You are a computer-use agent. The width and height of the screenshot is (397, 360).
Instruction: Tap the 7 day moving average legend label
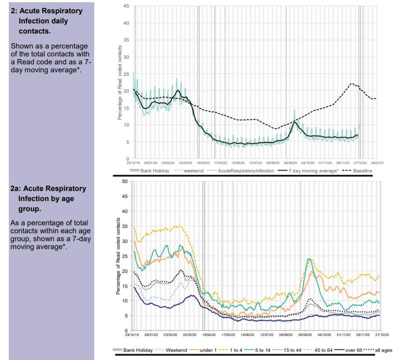317,171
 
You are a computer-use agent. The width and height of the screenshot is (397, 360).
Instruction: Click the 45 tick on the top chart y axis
126,6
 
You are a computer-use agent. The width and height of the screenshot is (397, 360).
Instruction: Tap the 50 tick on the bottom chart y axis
125,181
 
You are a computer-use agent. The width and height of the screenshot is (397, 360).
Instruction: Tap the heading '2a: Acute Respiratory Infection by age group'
48,198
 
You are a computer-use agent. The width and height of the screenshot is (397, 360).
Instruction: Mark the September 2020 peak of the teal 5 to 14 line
310,259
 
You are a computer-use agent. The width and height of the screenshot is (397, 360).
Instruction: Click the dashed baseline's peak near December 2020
352,83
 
